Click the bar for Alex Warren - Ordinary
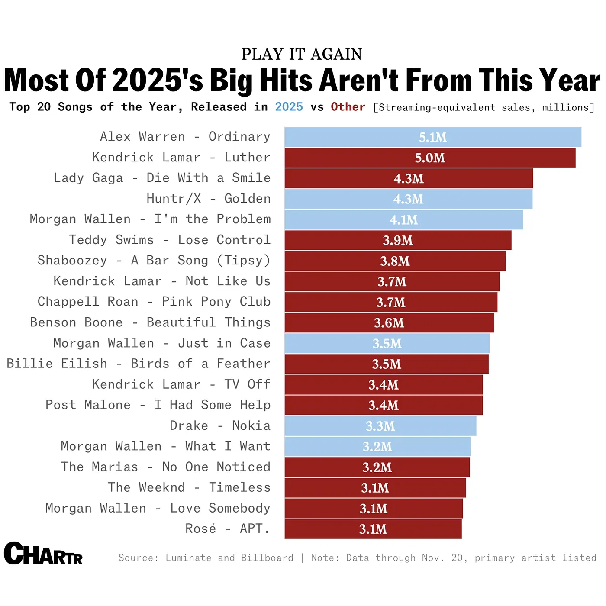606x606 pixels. click(433, 137)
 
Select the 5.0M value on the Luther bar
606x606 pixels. click(430, 158)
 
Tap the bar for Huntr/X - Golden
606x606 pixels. click(408, 199)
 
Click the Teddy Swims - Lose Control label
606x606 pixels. click(170, 240)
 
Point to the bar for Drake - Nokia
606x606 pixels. click(380, 426)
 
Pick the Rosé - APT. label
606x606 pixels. click(227, 529)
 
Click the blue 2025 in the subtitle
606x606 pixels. click(289, 107)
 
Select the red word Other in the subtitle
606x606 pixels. click(348, 107)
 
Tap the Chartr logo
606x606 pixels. click(43, 554)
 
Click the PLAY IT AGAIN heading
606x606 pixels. click(302, 54)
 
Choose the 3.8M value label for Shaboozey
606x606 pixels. click(395, 261)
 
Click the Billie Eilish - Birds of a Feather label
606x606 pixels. click(139, 364)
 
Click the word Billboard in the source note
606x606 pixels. click(267, 558)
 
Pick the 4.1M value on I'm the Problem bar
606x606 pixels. click(404, 220)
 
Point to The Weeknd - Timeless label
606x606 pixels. click(189, 487)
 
